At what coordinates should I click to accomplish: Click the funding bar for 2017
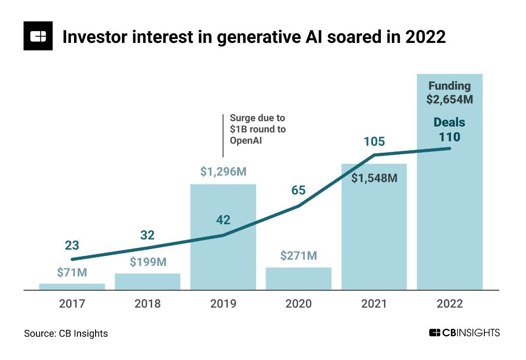(72, 286)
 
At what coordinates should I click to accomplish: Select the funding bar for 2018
(148, 282)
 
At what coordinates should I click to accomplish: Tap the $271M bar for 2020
(299, 279)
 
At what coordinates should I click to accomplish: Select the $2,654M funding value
(449, 99)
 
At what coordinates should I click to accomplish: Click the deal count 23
(72, 246)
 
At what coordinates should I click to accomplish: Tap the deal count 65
(299, 191)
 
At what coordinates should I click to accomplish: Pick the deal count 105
(374, 142)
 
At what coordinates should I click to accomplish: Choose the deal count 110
(450, 137)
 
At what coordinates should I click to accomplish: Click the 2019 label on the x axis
(223, 304)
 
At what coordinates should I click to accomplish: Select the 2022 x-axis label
(450, 304)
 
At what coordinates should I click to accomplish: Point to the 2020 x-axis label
(299, 304)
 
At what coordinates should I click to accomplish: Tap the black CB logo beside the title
(38, 35)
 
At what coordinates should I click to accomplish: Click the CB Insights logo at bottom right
(464, 333)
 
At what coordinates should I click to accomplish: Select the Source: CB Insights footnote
(66, 333)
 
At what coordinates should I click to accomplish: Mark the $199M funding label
(148, 262)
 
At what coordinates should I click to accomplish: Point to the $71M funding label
(72, 272)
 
